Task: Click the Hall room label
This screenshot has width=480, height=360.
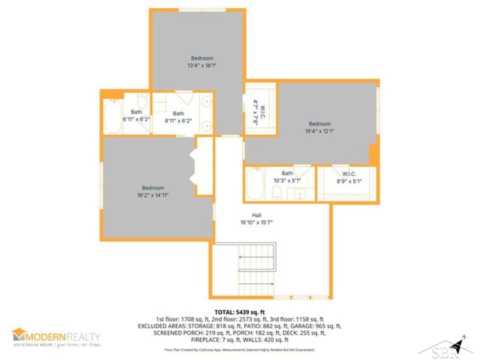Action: (x=256, y=215)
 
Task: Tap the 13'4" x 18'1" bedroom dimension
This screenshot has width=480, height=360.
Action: (x=202, y=66)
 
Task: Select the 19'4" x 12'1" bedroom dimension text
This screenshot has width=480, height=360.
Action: (x=319, y=131)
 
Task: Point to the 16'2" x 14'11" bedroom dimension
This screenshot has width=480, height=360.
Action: (x=153, y=195)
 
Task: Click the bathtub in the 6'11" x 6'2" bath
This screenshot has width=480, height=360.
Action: (x=113, y=116)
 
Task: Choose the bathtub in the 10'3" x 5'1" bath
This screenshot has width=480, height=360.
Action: (x=255, y=184)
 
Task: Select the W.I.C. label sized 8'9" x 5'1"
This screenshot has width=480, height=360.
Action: (x=349, y=174)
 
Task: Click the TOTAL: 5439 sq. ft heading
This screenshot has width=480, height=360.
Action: (x=239, y=312)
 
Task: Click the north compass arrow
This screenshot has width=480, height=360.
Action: (x=460, y=345)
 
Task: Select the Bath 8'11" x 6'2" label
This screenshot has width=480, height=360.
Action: (x=178, y=117)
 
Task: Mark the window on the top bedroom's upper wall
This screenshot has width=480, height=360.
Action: (x=202, y=10)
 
